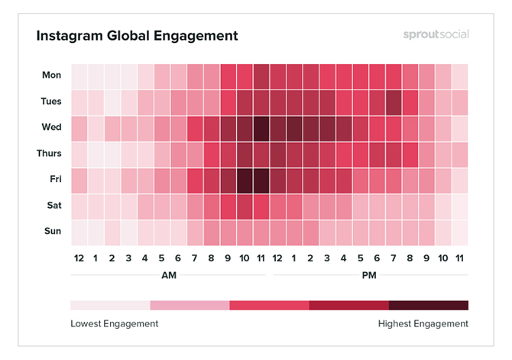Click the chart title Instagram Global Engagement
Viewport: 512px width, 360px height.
[x=138, y=36]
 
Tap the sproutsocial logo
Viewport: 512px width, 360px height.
[x=436, y=35]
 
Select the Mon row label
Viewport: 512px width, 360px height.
[x=52, y=75]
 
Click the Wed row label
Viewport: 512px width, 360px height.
[x=52, y=127]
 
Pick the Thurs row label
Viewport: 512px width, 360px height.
[x=50, y=153]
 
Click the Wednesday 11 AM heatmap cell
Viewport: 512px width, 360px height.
[x=261, y=127]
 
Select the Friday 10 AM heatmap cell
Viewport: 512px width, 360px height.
[x=245, y=179]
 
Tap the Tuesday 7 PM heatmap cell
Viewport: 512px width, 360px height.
[x=394, y=101]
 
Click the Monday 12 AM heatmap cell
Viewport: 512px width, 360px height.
[x=79, y=75]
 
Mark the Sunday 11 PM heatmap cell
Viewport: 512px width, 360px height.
[x=459, y=231]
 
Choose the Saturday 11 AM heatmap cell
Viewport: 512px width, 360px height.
[x=261, y=205]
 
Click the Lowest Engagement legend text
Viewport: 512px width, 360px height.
[x=115, y=323]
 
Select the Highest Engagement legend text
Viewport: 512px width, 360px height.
[x=423, y=323]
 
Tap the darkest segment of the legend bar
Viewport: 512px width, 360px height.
[x=429, y=305]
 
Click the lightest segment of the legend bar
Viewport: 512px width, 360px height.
[x=110, y=305]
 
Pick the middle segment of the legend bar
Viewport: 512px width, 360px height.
[x=269, y=305]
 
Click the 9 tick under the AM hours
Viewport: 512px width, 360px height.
[x=228, y=258]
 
